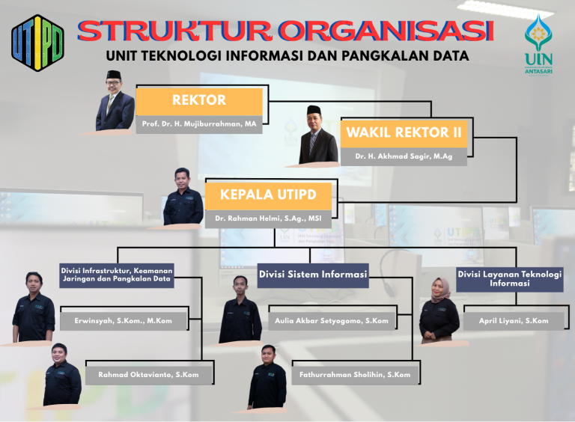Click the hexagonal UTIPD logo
point(37,43)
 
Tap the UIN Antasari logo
point(538,45)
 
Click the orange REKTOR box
point(199,101)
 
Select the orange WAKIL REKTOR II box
point(404,133)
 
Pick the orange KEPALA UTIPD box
point(268,195)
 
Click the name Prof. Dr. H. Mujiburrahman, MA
point(199,123)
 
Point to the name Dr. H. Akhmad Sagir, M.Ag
point(404,156)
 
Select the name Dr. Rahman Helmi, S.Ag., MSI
point(268,218)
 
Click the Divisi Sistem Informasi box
point(313,275)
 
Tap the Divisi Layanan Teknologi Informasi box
point(510,279)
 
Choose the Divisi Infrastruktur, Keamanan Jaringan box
point(117,275)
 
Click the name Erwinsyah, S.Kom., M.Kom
point(124,321)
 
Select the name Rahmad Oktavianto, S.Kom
point(148,375)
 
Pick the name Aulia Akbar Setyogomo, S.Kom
point(332,321)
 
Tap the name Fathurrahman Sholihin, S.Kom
point(355,375)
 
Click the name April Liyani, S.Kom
point(514,321)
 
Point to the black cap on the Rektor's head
point(114,75)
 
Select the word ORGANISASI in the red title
point(386,31)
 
